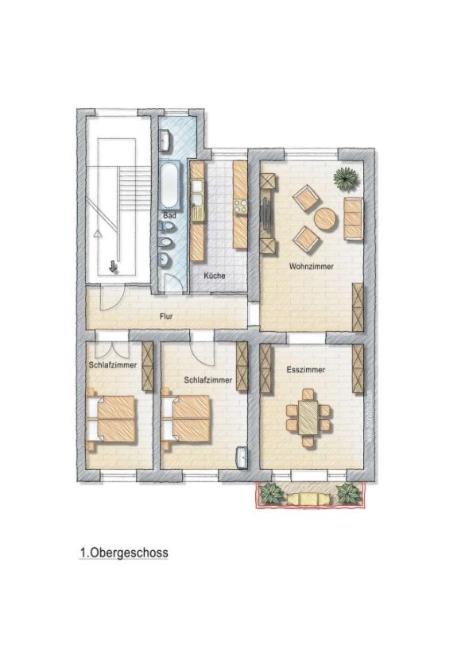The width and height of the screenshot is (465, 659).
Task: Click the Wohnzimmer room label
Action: tap(312, 267)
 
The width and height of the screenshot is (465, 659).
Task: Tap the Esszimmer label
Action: tap(306, 370)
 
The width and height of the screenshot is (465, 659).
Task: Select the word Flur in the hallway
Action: tap(166, 316)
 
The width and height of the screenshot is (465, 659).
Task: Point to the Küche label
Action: tap(214, 276)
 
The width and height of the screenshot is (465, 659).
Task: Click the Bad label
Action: tap(169, 215)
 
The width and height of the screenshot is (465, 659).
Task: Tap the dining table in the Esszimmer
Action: tap(307, 414)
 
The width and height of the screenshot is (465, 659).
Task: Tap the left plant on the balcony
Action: tap(272, 493)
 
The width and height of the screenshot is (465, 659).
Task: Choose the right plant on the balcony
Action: tap(347, 493)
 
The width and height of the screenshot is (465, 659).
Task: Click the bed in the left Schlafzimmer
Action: tap(112, 416)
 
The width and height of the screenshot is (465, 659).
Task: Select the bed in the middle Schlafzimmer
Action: tap(186, 416)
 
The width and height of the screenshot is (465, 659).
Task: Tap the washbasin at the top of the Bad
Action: tap(165, 142)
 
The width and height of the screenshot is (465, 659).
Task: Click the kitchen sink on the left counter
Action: tap(196, 191)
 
